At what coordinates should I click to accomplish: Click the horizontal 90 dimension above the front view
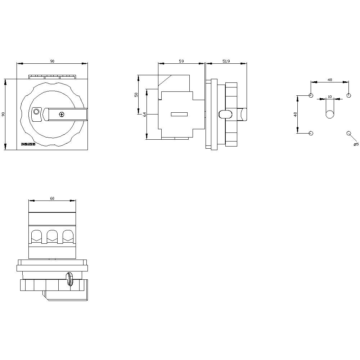pos(52,62)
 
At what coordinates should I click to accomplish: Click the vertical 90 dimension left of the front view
pos(3,114)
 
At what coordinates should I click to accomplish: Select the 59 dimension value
pos(181,62)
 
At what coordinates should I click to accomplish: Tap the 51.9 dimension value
pos(226,62)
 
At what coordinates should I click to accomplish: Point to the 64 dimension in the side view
pos(144,114)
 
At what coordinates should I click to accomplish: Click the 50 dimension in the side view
pos(136,95)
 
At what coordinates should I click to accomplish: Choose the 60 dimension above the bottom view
pos(52,198)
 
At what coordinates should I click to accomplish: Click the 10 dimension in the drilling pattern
pos(330,97)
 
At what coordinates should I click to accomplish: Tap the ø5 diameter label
pos(356,144)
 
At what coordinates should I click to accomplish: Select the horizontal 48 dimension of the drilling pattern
pos(330,80)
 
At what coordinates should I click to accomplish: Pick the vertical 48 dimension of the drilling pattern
pos(295,114)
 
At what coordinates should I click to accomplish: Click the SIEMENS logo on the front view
pos(28,144)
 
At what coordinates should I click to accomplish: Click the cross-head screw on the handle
pos(62,114)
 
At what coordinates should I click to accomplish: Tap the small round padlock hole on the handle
pos(36,112)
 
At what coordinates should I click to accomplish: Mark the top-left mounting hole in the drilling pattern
pos(311,95)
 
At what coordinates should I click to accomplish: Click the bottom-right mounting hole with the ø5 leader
pos(348,133)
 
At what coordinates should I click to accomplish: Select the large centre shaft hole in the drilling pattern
pos(330,114)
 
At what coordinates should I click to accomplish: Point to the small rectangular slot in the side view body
pos(179,114)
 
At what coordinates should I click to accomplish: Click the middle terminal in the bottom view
pos(52,236)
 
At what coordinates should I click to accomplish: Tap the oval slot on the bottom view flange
pos(69,279)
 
